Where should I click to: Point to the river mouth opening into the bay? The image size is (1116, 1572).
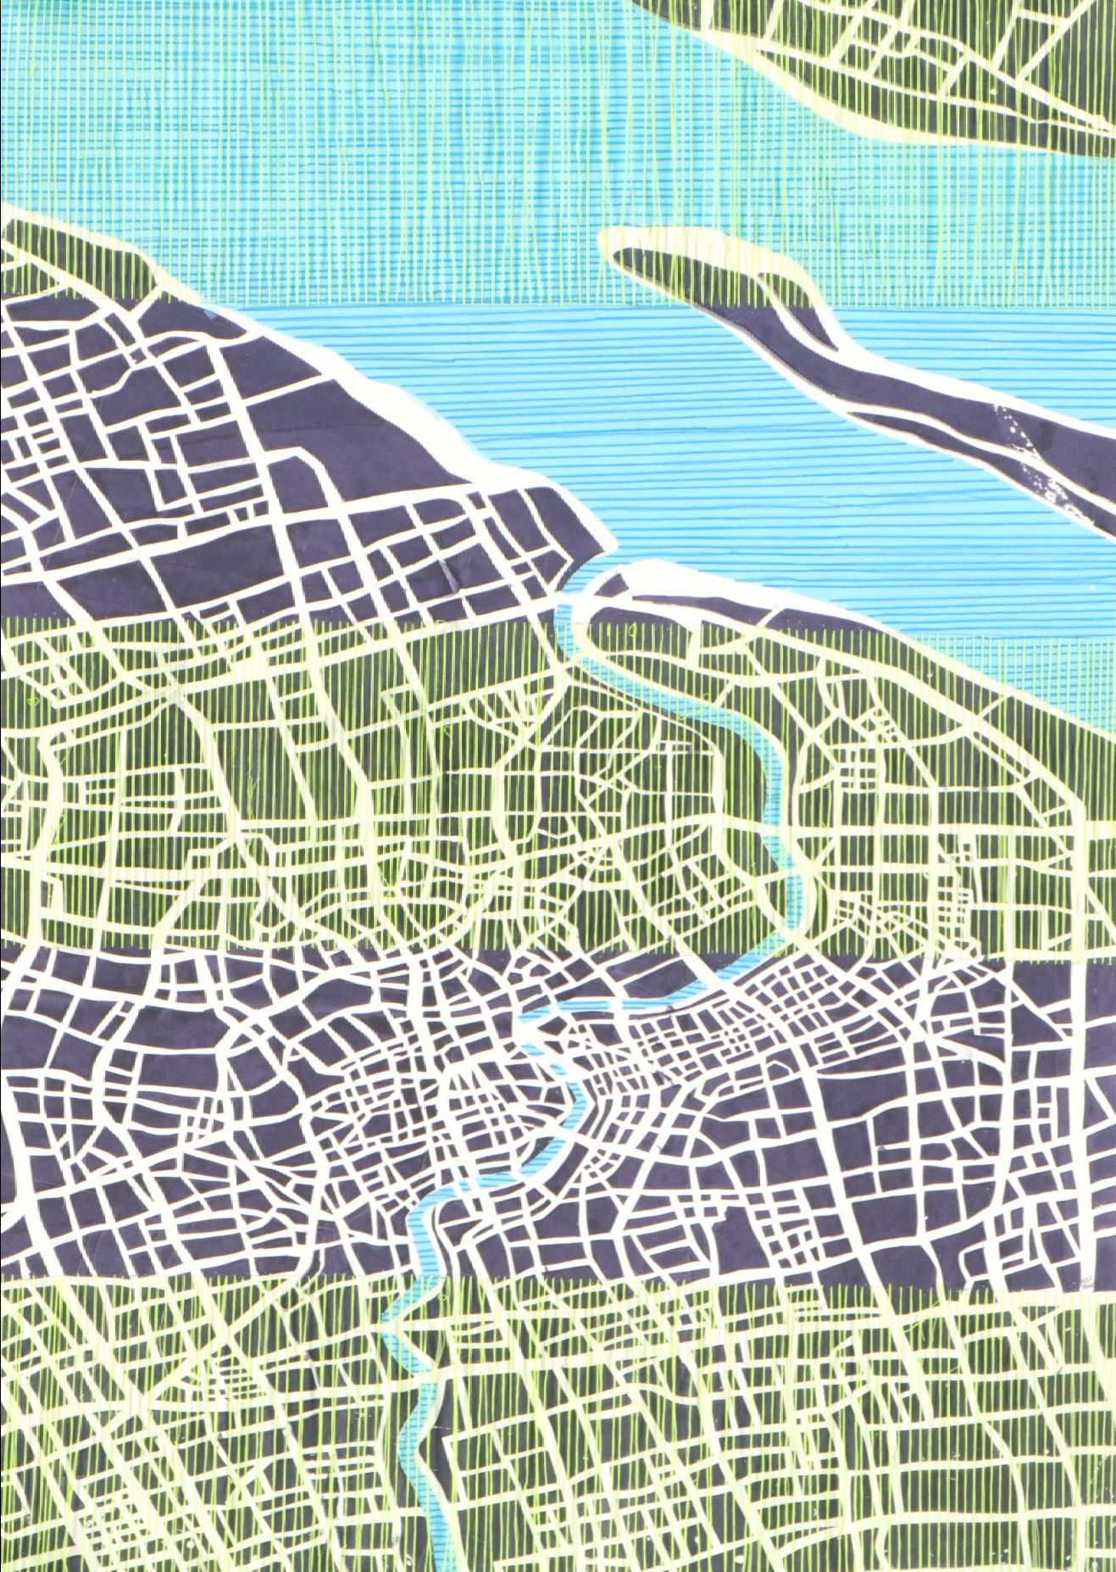585,585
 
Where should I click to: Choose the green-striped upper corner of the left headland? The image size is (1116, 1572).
68,254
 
